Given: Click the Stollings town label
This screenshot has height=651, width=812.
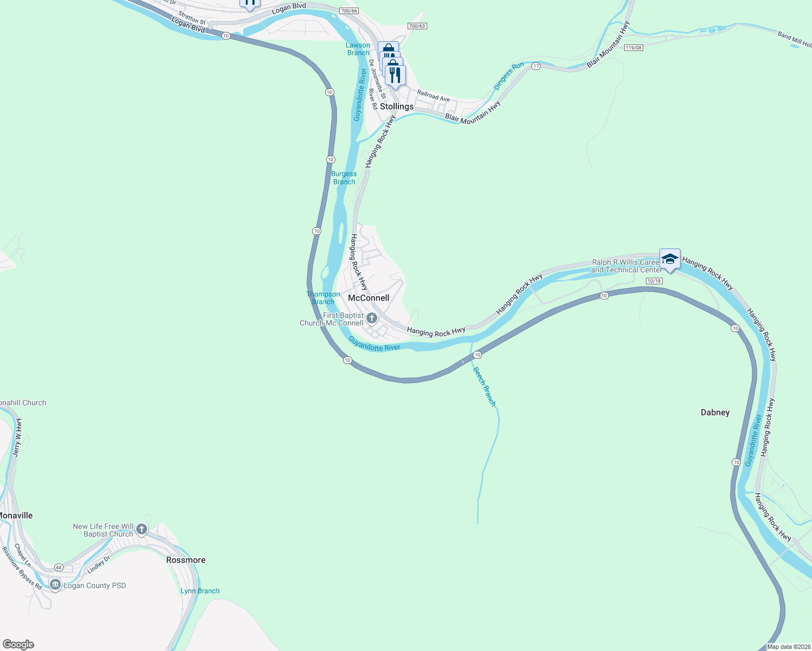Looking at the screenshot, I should (396, 106).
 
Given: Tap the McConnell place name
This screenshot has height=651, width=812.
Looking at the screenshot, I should (369, 298).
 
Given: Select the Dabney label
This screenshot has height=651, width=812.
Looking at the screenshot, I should (715, 412).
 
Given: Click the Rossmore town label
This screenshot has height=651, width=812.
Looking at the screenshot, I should (186, 560).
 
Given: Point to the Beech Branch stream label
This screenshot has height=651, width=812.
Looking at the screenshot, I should (484, 386).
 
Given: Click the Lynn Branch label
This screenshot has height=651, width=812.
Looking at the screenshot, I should (200, 591).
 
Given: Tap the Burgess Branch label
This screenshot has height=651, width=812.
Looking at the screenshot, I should (344, 178).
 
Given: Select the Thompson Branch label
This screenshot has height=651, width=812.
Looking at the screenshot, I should (323, 298).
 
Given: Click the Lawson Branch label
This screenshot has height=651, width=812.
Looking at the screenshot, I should (358, 49).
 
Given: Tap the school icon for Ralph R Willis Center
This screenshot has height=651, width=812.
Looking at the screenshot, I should (670, 259).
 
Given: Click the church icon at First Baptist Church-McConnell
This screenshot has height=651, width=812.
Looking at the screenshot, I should (372, 318).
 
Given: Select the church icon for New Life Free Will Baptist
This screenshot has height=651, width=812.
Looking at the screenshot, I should (142, 529).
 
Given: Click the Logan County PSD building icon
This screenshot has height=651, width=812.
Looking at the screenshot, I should (55, 584).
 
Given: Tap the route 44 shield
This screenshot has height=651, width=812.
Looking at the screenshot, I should (59, 567).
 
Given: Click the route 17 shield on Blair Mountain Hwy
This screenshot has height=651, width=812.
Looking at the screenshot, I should (536, 66).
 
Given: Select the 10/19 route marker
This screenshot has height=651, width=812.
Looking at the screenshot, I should (654, 281).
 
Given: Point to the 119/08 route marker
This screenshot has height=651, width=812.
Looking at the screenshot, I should (633, 48).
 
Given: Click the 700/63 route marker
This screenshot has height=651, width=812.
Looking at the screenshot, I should (417, 26).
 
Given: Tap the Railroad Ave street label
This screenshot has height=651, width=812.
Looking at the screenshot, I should (433, 96).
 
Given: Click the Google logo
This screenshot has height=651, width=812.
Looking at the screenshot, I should (18, 644).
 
